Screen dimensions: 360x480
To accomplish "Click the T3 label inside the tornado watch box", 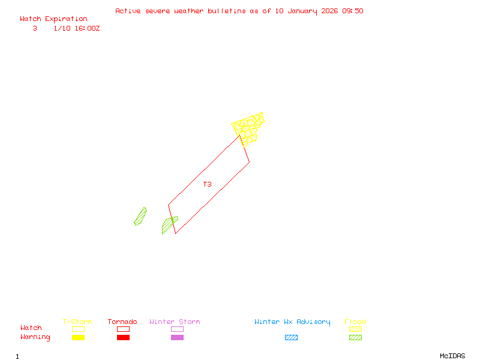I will tap(207, 184).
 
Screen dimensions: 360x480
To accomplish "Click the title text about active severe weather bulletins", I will tap(239, 11).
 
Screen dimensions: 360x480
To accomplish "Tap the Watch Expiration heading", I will tap(53, 19).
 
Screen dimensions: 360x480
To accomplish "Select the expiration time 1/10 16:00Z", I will tap(77, 28).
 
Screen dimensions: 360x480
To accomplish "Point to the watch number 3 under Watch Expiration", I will tap(35, 28).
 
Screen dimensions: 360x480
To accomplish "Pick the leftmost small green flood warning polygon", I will tap(140, 217).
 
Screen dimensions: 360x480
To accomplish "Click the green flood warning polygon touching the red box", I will tap(168, 224).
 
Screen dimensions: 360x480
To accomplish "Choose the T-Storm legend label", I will tap(77, 322).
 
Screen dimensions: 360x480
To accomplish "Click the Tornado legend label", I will tap(122, 322).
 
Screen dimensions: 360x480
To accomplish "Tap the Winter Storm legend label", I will tap(175, 322).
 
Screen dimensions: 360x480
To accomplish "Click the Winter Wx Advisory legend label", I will tap(292, 322).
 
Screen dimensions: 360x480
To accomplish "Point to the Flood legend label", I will tap(355, 322).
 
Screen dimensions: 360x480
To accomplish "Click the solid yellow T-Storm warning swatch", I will tap(78, 338).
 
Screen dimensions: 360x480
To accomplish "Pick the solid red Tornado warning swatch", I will tap(123, 338).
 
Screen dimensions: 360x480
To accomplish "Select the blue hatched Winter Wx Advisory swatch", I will tap(291, 338).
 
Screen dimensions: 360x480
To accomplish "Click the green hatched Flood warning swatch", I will tap(355, 338).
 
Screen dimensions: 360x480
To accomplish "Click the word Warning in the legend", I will tap(35, 337).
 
